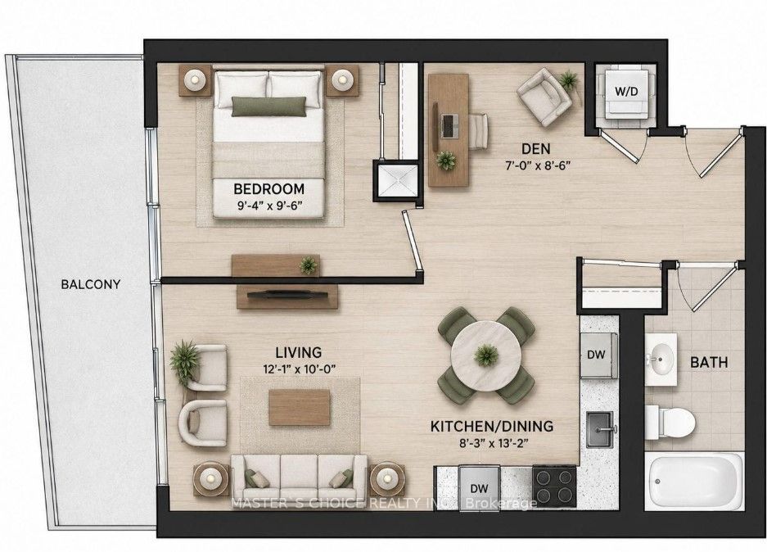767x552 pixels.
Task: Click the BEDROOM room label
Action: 268,188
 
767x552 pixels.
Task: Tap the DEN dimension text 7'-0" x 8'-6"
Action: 538,165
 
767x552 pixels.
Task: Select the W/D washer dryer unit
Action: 626,92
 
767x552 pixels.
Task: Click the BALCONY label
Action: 91,284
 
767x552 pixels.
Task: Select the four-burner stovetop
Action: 554,484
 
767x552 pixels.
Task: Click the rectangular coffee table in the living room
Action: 300,408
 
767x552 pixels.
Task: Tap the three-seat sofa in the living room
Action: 300,475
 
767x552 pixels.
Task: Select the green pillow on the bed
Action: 268,106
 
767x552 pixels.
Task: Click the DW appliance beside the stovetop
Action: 480,487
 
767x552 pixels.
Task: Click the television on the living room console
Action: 287,295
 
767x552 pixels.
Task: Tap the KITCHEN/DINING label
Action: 492,426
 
